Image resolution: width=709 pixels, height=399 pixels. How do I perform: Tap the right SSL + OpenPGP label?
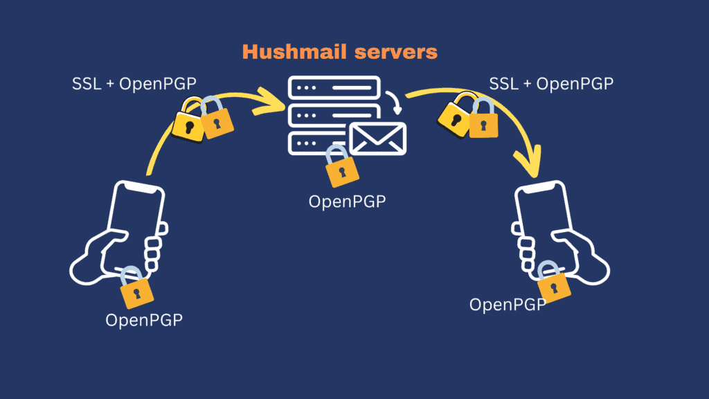click(551, 84)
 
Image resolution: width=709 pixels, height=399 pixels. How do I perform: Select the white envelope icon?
click(377, 138)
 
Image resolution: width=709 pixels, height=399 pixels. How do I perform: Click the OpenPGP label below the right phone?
click(508, 304)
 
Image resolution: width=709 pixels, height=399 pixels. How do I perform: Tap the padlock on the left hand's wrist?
click(136, 288)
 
